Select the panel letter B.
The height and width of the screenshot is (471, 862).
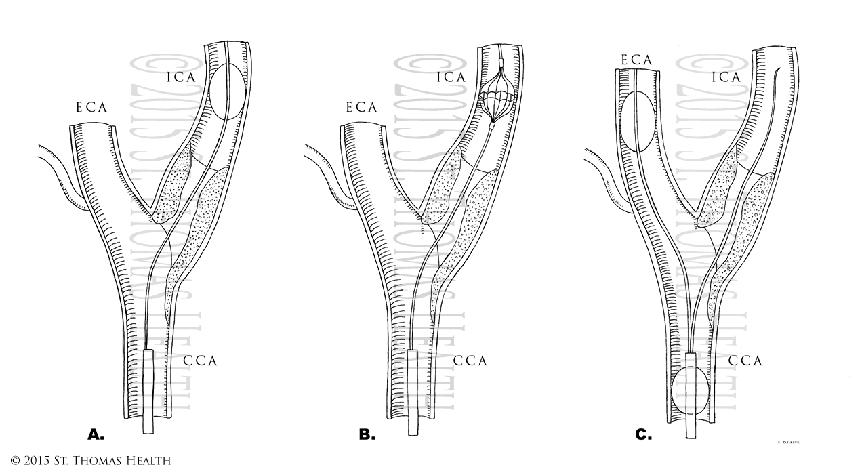[x=367, y=434]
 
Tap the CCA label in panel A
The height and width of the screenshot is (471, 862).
[x=201, y=361]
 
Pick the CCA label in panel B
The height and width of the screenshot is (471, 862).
[x=470, y=361]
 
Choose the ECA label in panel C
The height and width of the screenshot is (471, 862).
[x=636, y=60]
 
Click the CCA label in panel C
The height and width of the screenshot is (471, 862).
[x=745, y=361]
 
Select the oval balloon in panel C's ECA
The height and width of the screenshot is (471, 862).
[x=638, y=123]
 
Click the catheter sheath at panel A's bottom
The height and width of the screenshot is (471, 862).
[x=149, y=393]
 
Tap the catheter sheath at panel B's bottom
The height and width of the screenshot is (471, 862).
[x=414, y=393]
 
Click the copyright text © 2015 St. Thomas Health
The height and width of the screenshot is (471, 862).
[x=85, y=461]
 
